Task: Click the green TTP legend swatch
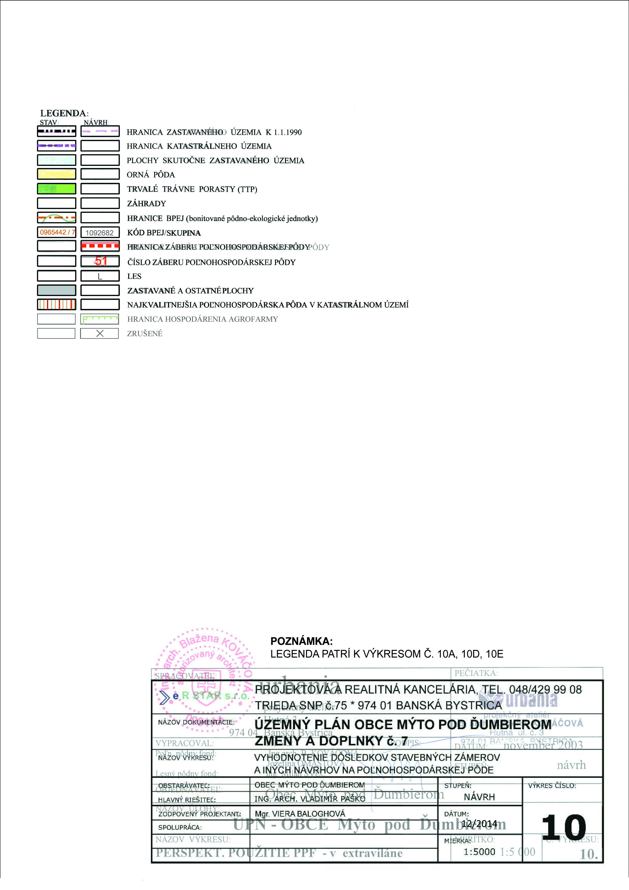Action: tap(57, 189)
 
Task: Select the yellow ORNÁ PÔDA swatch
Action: tap(57, 174)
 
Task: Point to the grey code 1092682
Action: tap(100, 233)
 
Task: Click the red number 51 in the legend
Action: tap(100, 261)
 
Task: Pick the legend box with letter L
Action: tap(100, 276)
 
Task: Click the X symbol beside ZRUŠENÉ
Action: tap(100, 333)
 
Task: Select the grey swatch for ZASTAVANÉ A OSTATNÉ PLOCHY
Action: tap(57, 290)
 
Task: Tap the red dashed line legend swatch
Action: tap(100, 246)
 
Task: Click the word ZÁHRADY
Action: tap(146, 203)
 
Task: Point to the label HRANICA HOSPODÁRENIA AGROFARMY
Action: tap(202, 319)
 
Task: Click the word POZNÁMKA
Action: tap(301, 641)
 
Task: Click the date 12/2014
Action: tap(479, 824)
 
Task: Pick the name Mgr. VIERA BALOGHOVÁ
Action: tap(300, 814)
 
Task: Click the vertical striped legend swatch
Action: tap(57, 304)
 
